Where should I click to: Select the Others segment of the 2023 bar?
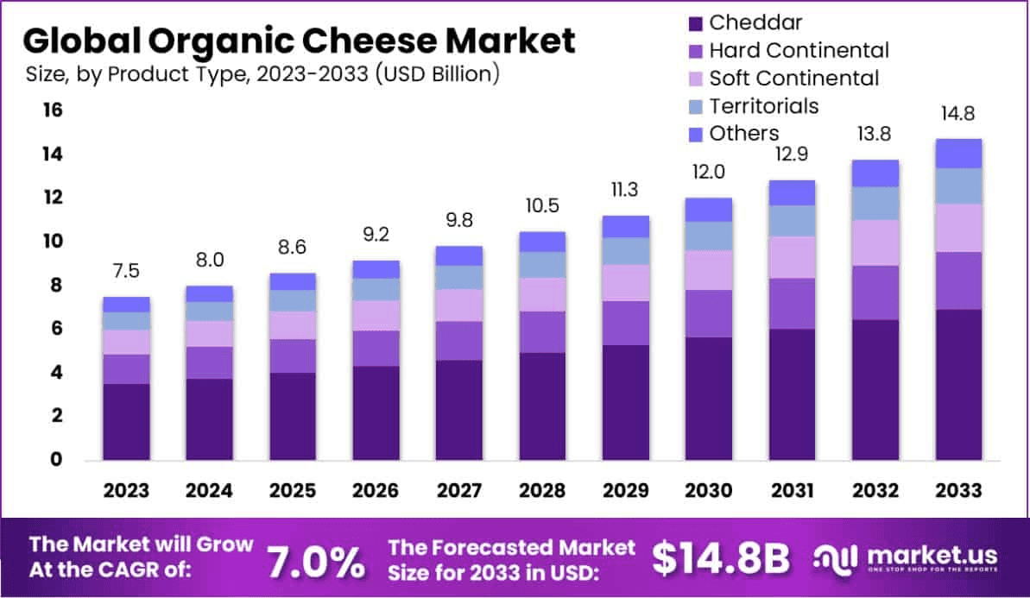pyautogui.click(x=126, y=305)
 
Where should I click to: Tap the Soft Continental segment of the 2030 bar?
pyautogui.click(x=708, y=270)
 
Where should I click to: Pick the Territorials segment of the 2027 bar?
pyautogui.click(x=458, y=277)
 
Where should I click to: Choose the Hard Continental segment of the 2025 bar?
pyautogui.click(x=292, y=356)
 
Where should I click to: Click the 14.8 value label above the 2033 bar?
pyautogui.click(x=958, y=113)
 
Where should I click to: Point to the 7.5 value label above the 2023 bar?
pyautogui.click(x=126, y=272)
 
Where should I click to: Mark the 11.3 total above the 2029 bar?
pyautogui.click(x=625, y=190)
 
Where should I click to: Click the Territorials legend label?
pyautogui.click(x=763, y=106)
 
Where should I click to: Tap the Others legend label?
pyautogui.click(x=743, y=134)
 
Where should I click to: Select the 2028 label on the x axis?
pyautogui.click(x=542, y=490)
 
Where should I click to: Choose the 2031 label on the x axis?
pyautogui.click(x=792, y=490)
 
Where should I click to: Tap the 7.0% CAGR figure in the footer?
pyautogui.click(x=314, y=561)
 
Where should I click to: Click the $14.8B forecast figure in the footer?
pyautogui.click(x=720, y=559)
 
